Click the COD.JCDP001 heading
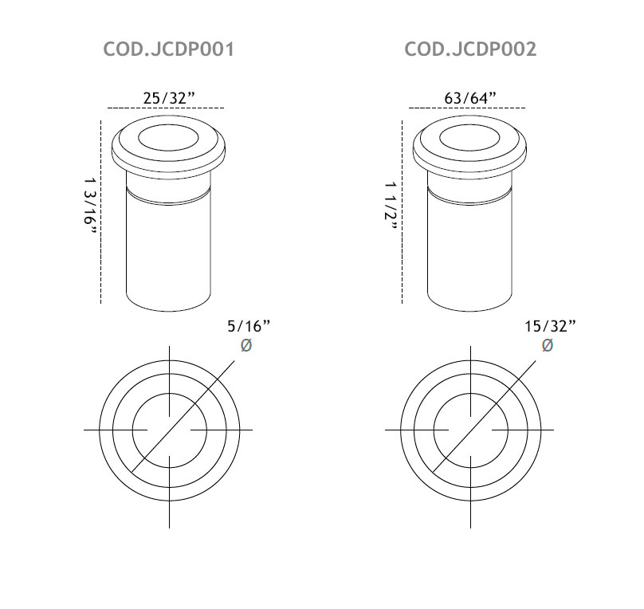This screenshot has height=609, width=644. (x=168, y=49)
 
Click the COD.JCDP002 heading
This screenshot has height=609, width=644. (x=470, y=49)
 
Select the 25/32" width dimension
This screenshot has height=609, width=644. (x=169, y=97)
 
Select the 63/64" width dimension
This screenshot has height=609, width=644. (x=470, y=97)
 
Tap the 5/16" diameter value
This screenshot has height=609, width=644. (x=249, y=325)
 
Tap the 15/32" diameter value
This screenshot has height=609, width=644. (x=550, y=325)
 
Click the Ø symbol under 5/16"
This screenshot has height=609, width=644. (x=246, y=345)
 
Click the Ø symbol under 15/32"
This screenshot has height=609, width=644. (x=548, y=345)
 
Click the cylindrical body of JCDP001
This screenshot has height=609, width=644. (x=169, y=255)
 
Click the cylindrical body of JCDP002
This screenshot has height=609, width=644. (x=470, y=255)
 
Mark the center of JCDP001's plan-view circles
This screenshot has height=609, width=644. (x=169, y=430)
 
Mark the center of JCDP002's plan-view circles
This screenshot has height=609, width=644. (x=470, y=430)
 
